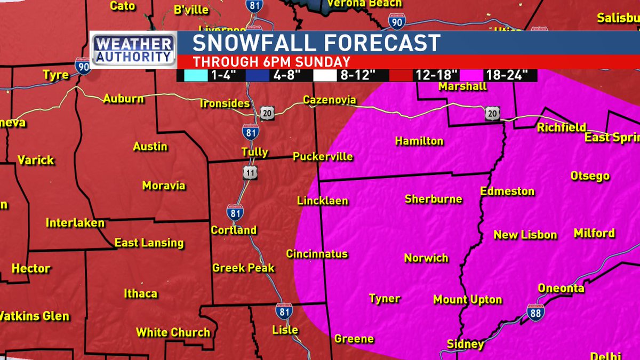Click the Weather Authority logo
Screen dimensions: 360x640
click(133, 50)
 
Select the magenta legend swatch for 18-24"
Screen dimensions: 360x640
click(475, 75)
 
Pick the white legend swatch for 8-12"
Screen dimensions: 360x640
click(329, 75)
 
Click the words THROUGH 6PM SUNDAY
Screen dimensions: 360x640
click(271, 61)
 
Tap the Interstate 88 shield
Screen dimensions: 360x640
click(535, 312)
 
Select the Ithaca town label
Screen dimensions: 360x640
click(140, 293)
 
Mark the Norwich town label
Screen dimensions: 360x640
click(426, 258)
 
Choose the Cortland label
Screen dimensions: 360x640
click(234, 230)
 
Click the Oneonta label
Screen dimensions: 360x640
click(561, 288)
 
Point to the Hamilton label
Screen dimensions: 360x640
click(419, 141)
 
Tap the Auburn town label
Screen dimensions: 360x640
click(123, 99)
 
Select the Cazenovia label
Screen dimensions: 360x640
click(329, 100)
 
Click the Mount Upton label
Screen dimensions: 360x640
click(467, 299)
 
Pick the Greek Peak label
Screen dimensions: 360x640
click(243, 268)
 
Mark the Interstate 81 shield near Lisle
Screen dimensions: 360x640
click(284, 311)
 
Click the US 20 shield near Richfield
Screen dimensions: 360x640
click(492, 113)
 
